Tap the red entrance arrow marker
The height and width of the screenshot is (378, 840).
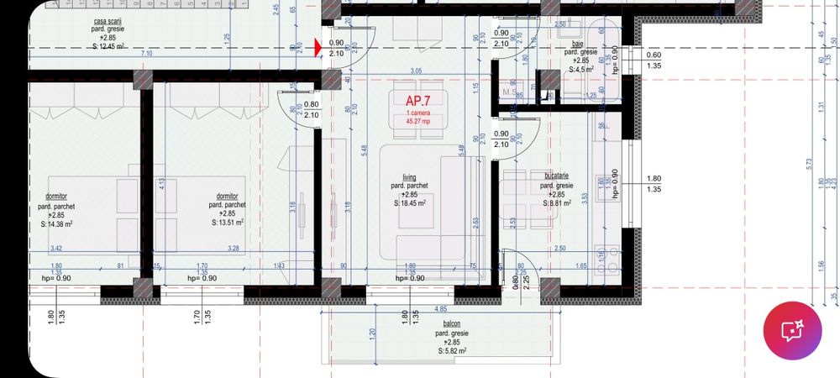[x=318, y=48]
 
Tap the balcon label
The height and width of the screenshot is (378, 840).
[x=452, y=323]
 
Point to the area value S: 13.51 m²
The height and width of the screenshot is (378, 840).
[x=227, y=223]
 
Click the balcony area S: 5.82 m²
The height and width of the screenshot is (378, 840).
[x=452, y=351]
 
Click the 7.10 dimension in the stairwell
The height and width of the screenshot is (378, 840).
[x=147, y=54]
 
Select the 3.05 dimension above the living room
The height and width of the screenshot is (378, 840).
[x=414, y=72]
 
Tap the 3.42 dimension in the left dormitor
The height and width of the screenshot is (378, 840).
[x=57, y=248]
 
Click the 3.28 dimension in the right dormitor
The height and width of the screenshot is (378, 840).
[x=234, y=248]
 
